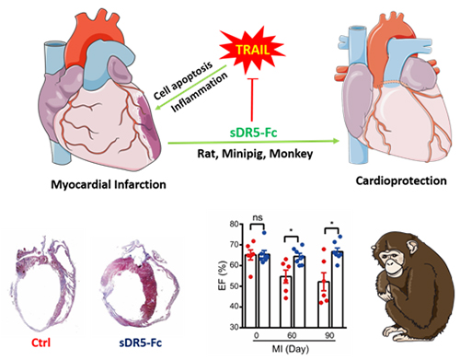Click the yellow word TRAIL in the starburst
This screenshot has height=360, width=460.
pos(253,50)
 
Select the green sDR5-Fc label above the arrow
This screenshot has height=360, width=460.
pos(254,133)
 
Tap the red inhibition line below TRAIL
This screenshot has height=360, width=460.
pos(252,99)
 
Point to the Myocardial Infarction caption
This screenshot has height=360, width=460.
pos(109,184)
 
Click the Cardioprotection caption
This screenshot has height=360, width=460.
pos(401,180)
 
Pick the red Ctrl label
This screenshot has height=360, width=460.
pos(40,343)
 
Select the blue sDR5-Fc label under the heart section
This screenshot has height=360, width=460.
pos(140,343)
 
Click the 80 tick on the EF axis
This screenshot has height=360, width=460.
pos(234,224)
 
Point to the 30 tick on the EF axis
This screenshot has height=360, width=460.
pos(234,327)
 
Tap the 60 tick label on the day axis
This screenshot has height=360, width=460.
pos(292,335)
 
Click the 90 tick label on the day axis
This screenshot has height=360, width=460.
pos(329,335)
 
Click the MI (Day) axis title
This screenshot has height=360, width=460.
pos(291,349)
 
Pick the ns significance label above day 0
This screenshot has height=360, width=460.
pos(258,217)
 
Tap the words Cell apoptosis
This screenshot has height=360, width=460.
pos(183,81)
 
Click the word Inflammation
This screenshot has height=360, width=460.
pos(200,92)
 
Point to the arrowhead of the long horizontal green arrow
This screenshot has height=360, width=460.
pos(336,141)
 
